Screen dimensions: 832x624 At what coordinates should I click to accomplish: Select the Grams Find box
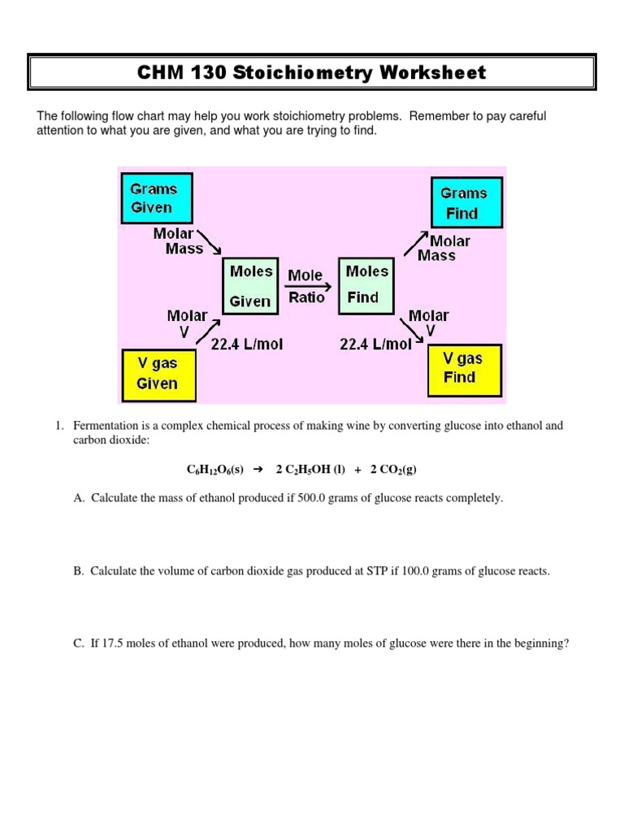coord(466,202)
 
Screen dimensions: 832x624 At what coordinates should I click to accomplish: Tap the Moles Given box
coord(250,285)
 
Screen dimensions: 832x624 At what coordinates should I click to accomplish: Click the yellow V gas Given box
coord(158,375)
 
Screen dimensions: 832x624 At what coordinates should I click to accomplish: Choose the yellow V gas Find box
coord(463,368)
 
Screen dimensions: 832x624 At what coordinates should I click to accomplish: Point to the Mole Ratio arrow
coord(308,287)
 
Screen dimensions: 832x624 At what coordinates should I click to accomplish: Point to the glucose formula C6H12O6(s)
coord(214,470)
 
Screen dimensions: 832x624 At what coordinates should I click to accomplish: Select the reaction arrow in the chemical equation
coord(259,470)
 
